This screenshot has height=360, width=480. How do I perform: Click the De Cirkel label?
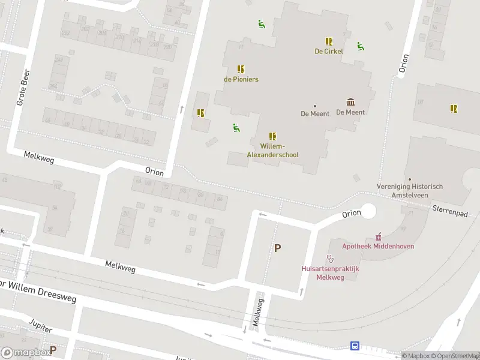(x=329, y=52)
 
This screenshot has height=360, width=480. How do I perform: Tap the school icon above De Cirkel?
(x=329, y=41)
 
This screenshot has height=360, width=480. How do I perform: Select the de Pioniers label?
(x=241, y=79)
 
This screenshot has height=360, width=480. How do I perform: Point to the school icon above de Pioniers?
(x=241, y=69)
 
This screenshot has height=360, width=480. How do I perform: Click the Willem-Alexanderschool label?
(x=272, y=151)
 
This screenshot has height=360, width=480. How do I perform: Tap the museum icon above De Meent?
(x=350, y=102)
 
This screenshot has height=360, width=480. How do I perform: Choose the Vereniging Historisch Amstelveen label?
(x=410, y=190)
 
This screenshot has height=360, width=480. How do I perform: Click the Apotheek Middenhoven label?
(x=378, y=246)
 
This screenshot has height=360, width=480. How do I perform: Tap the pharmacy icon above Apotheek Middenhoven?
(x=378, y=236)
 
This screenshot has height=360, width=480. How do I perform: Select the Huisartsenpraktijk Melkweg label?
(x=330, y=273)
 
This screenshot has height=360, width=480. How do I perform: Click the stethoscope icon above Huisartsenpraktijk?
(x=330, y=259)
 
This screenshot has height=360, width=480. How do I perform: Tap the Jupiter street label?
(x=41, y=326)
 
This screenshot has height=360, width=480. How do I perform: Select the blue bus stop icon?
(x=355, y=346)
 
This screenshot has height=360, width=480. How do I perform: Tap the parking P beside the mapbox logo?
(x=53, y=350)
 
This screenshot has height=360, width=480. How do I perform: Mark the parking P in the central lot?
(x=277, y=248)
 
